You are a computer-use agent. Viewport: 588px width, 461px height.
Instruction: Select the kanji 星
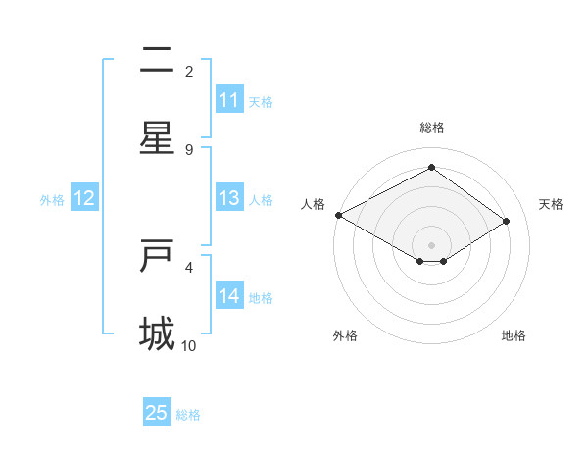click(157, 137)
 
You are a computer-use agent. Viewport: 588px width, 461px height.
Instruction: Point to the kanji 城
click(157, 333)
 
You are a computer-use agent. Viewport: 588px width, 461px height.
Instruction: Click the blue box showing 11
click(229, 100)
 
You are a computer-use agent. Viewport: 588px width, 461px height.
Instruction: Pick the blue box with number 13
click(229, 198)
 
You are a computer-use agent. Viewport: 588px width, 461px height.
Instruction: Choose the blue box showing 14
click(229, 296)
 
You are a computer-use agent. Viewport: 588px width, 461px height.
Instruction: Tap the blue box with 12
click(84, 198)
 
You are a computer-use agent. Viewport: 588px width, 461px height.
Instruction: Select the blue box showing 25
click(157, 413)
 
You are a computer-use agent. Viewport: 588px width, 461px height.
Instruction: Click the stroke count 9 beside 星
click(189, 150)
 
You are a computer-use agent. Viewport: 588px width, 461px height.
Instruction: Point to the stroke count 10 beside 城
click(189, 346)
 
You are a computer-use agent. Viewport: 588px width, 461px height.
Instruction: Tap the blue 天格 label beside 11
click(261, 101)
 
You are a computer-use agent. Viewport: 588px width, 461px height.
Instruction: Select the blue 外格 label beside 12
click(52, 199)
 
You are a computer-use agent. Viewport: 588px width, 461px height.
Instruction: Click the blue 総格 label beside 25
click(188, 414)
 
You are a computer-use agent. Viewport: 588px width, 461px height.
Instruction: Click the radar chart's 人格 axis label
click(313, 204)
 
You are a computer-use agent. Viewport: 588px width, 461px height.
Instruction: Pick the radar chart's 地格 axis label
click(514, 335)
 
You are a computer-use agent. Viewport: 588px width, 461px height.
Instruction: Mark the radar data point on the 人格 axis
click(338, 215)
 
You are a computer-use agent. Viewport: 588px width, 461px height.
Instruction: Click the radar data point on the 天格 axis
click(506, 221)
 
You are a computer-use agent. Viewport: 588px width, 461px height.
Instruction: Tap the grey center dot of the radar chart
click(431, 244)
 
